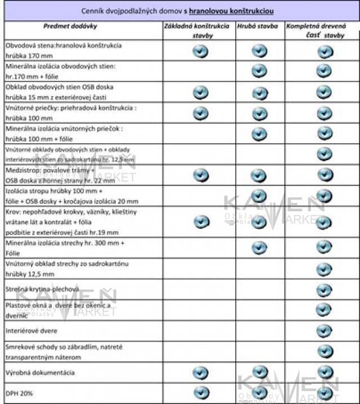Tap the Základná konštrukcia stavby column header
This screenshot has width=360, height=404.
pyautogui.click(x=200, y=30)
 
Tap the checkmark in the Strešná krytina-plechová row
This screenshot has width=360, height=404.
pyautogui.click(x=323, y=290)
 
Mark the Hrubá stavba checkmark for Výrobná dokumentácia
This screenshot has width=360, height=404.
pyautogui.click(x=259, y=371)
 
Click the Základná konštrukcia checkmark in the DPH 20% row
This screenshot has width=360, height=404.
pyautogui.click(x=200, y=392)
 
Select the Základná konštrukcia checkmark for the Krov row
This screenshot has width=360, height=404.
pyautogui.click(x=201, y=221)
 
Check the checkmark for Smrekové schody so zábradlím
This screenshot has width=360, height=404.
pyautogui.click(x=323, y=351)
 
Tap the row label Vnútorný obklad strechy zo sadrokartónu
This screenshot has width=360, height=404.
pyautogui.click(x=67, y=268)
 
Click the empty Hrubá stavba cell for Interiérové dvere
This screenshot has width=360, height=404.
pyautogui.click(x=259, y=331)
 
